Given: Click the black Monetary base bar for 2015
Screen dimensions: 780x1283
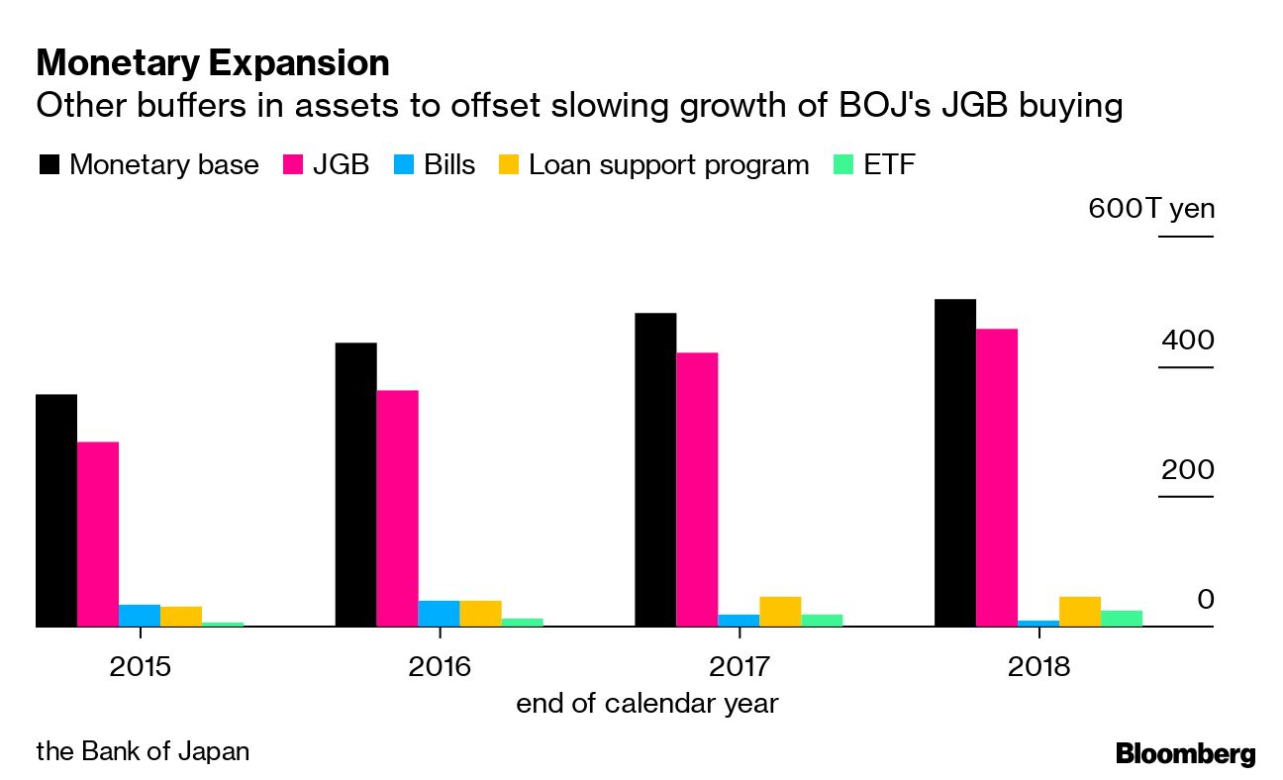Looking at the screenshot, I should pos(56,511).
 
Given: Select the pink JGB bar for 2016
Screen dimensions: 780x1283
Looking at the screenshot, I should pos(397,509).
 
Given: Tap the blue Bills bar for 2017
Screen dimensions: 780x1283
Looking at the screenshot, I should pos(739,621).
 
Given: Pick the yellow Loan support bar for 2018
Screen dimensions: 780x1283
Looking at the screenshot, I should pos(1079,612).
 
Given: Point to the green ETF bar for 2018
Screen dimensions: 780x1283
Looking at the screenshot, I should pos(1121,619).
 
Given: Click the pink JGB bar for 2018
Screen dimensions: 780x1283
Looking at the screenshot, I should pos(996,478).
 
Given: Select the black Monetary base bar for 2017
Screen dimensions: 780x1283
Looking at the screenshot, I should pos(655,470).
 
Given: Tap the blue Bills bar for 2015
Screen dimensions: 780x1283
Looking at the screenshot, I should pos(140,616).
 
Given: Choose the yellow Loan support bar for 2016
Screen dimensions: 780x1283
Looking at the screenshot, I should pos(480,614).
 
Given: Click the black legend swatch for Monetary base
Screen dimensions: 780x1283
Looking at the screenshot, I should pos(49,164).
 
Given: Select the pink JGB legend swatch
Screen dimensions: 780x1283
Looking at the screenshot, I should pos(292,164).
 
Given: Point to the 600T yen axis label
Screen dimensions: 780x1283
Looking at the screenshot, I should pos(1150,209).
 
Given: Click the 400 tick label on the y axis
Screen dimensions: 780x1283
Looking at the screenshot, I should pos(1187,341).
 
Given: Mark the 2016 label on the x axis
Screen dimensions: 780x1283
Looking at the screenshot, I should pos(440,666).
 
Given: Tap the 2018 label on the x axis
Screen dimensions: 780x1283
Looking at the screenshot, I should pos(1038,666).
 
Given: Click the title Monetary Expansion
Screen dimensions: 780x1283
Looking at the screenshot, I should pos(213,63).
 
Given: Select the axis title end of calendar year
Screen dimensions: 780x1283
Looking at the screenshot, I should pos(646,704).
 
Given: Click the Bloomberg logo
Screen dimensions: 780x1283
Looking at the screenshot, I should pos(1185,753).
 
